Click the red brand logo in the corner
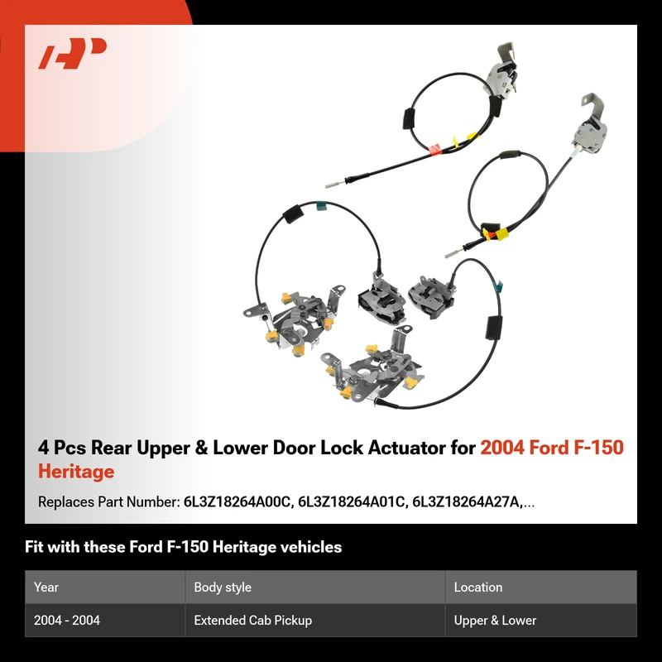[72, 53]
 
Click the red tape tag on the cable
[434, 149]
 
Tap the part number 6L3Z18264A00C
[237, 502]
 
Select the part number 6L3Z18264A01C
[351, 502]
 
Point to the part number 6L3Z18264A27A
[467, 502]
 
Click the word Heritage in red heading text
[76, 471]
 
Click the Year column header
[46, 587]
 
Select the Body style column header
[223, 587]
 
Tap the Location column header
[478, 587]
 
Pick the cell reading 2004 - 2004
[67, 620]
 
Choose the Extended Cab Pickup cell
[253, 620]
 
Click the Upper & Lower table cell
[495, 620]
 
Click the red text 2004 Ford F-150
[552, 448]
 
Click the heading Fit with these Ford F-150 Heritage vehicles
[183, 547]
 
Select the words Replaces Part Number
[109, 502]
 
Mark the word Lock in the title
[342, 448]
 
